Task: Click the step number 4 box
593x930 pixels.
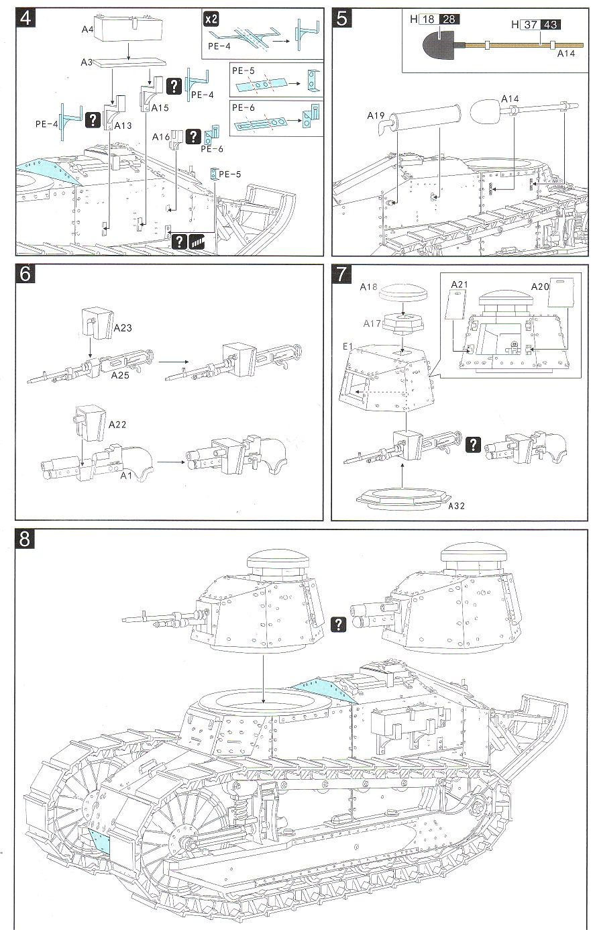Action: click(25, 18)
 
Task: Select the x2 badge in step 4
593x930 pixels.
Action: click(211, 19)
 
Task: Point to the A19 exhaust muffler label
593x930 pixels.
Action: click(375, 115)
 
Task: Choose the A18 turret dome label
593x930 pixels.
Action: click(368, 287)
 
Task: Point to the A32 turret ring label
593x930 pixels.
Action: click(457, 503)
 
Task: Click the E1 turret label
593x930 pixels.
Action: click(347, 346)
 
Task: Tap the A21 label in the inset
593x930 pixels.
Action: click(458, 285)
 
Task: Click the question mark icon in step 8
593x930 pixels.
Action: click(339, 623)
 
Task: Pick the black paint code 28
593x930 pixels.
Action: click(449, 19)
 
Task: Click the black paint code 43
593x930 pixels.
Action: click(551, 25)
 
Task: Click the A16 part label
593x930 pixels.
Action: click(160, 138)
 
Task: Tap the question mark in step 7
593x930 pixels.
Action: click(474, 444)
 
